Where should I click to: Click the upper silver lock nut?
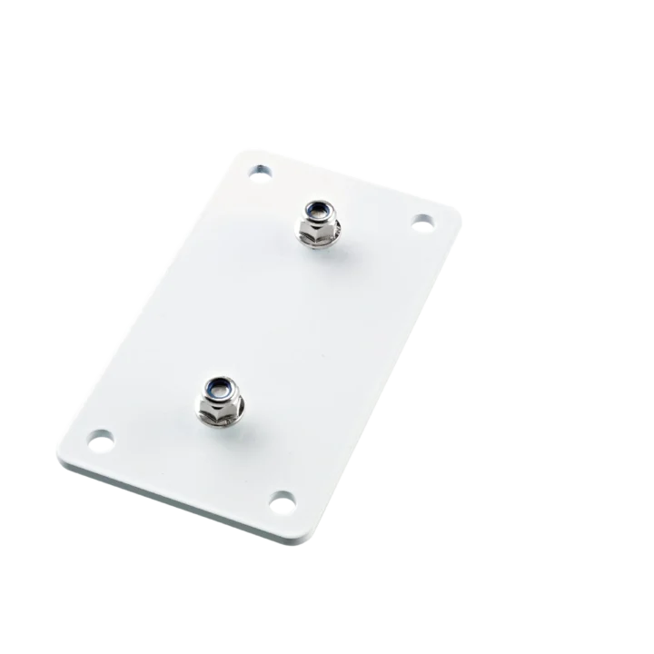point(318,223)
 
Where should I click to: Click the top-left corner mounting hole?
point(262,170)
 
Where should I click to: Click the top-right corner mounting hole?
point(422,220)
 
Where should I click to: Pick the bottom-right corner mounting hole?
point(283,499)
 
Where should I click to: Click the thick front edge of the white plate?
point(182,497)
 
